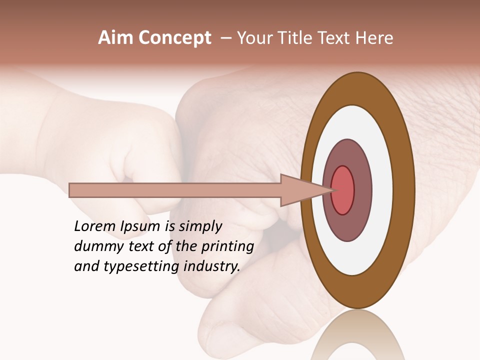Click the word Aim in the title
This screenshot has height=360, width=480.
tap(115, 38)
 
